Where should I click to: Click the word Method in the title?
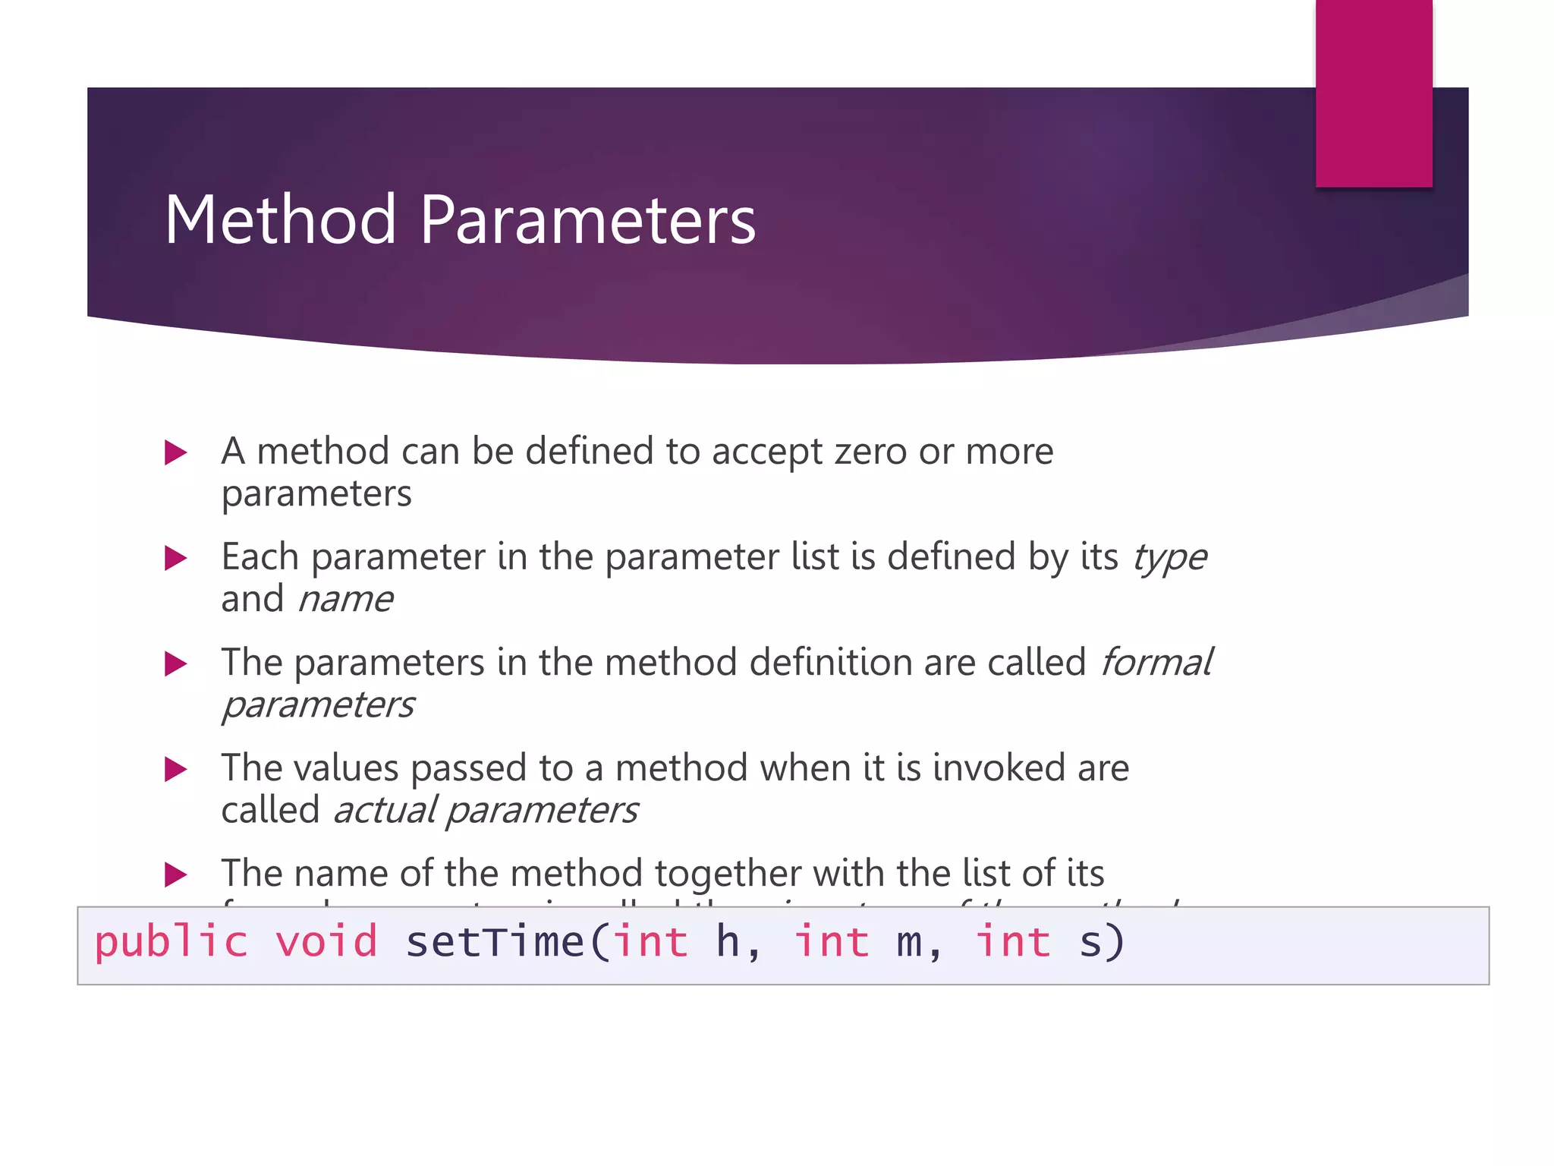point(280,219)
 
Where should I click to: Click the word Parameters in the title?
point(587,219)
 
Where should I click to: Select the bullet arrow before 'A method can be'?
point(176,453)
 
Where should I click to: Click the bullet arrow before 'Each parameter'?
point(176,559)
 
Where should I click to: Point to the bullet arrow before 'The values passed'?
point(176,770)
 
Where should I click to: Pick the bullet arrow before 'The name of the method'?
point(176,874)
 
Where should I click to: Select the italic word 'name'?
point(345,600)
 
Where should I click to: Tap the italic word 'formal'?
point(1156,663)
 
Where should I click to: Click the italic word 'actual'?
point(385,810)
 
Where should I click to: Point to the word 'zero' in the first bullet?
point(870,452)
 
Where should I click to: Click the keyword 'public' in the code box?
point(171,943)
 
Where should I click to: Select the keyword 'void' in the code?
point(326,941)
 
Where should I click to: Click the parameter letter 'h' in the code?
point(728,941)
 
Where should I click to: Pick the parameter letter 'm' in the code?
point(909,943)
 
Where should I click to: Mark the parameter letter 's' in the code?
point(1090,943)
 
